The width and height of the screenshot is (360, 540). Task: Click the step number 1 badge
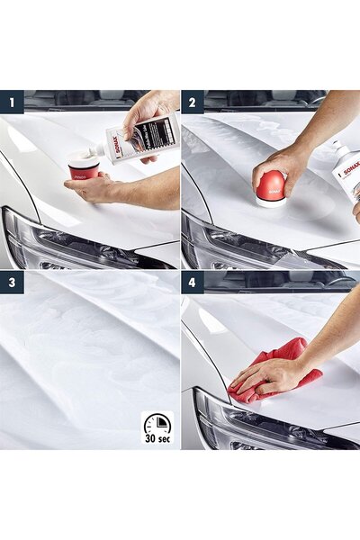[12, 102]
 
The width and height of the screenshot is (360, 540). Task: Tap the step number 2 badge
[192, 102]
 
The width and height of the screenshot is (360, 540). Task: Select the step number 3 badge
[12, 283]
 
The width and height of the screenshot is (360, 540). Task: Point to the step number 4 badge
[192, 283]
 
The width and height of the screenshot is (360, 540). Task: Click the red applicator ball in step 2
[271, 186]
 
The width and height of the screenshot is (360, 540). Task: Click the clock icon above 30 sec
[157, 424]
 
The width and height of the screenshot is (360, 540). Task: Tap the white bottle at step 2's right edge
[346, 171]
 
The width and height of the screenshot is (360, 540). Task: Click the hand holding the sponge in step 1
[99, 187]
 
